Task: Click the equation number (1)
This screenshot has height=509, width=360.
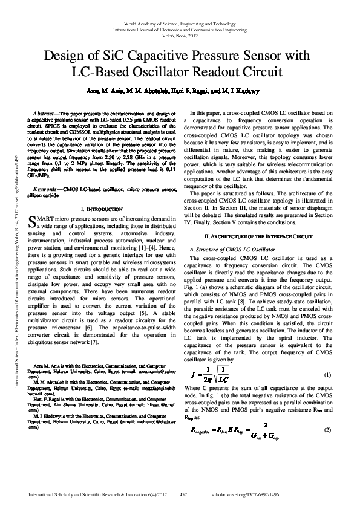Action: click(x=327, y=375)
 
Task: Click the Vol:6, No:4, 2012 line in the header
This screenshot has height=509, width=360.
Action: click(x=180, y=35)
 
